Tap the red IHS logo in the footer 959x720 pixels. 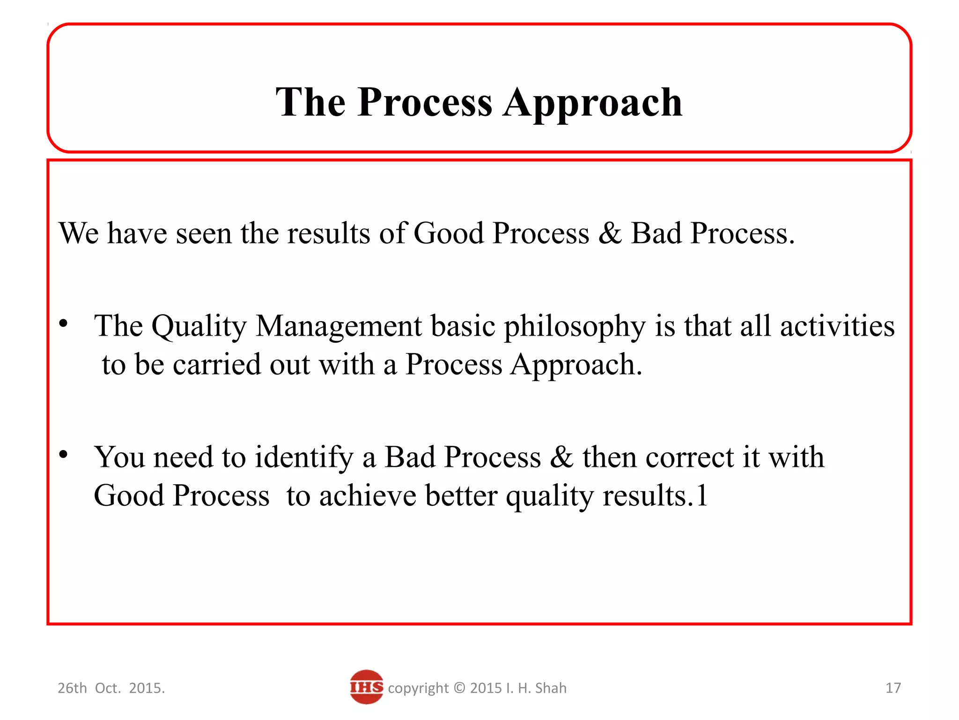366,687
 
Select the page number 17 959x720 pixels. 893,688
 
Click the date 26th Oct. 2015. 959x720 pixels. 111,688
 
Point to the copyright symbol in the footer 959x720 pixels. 459,688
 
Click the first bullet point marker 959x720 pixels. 64,323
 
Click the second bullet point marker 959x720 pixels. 64,454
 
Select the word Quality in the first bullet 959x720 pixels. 199,327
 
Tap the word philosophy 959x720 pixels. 574,327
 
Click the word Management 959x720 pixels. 339,327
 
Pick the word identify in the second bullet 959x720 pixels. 304,458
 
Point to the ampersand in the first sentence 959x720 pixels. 610,233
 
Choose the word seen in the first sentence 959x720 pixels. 203,234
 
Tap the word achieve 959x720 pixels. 368,496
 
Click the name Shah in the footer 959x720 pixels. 551,688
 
